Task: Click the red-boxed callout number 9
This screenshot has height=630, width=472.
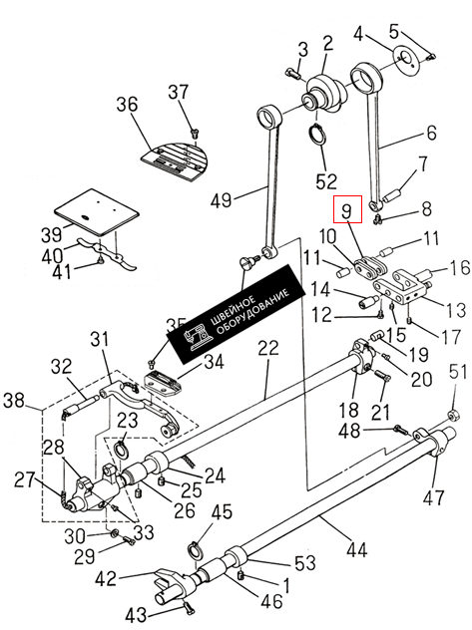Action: coord(347,209)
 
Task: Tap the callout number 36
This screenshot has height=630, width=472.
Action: coord(127,105)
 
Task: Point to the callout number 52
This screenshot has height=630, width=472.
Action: coord(325,181)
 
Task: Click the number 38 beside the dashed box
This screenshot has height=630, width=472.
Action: coord(15,400)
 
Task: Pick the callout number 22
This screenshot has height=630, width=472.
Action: coord(268,348)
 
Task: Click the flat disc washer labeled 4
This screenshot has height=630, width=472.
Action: coord(405,60)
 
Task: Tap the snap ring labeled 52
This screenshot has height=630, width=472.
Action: coord(316,135)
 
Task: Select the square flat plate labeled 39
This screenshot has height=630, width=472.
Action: coord(97,211)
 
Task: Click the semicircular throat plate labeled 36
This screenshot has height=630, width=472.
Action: coord(175,159)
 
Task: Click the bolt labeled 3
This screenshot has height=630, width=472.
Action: coord(293,74)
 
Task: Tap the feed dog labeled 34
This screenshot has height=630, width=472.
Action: coord(163,383)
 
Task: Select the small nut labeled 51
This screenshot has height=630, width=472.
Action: coord(453,415)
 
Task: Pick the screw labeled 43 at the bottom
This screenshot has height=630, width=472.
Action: coord(189,607)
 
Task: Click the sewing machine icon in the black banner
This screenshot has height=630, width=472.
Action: coord(197,335)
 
